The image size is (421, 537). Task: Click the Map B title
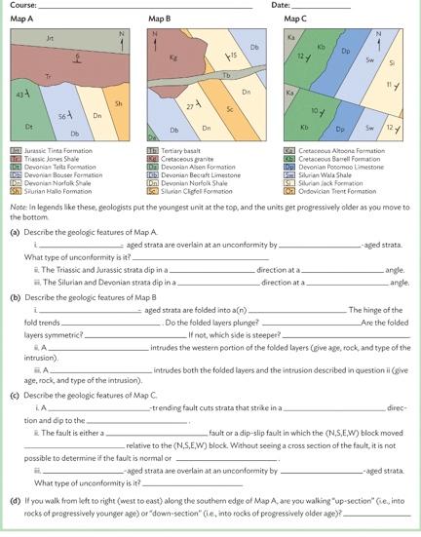pos(160,19)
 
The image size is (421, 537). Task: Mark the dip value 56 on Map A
pos(64,116)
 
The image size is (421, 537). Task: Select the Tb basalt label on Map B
pos(226,75)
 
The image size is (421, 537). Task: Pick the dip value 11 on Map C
pos(389,86)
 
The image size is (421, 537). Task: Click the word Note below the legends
pos(18,207)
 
